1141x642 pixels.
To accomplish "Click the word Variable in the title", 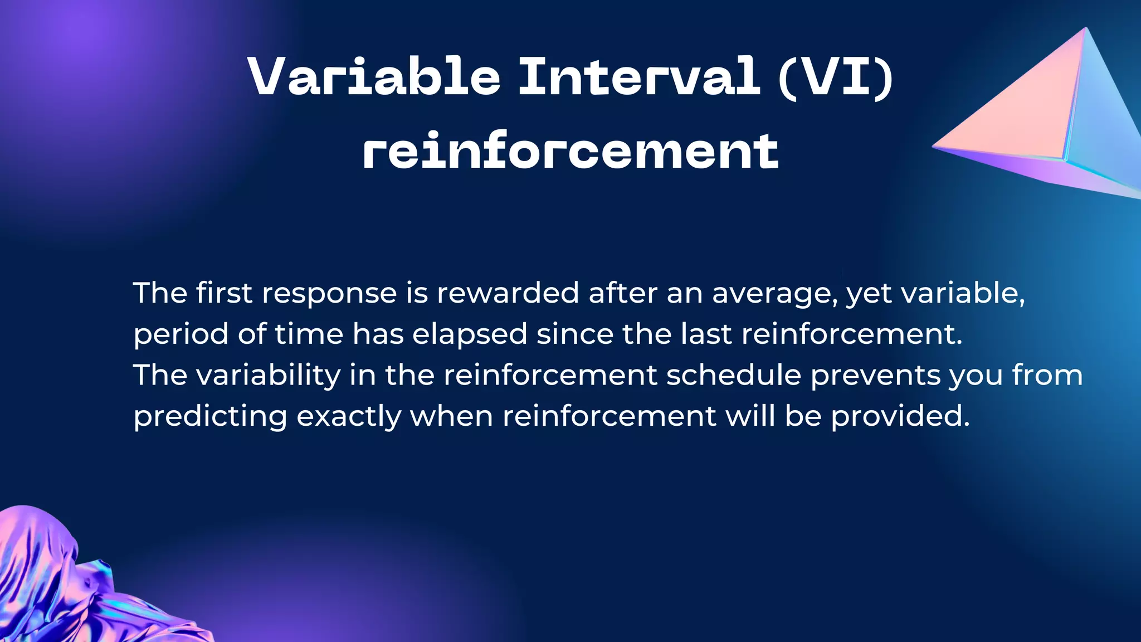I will tap(374, 76).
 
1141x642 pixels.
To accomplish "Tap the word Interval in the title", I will tap(639, 76).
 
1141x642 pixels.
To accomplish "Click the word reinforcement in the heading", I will tap(570, 151).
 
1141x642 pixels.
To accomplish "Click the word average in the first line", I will tap(774, 294).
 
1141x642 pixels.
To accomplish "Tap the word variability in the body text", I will tap(269, 375).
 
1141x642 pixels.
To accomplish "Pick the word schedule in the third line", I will tap(734, 375).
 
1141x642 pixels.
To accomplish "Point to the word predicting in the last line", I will tap(210, 416).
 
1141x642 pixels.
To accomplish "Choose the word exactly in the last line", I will tap(349, 416).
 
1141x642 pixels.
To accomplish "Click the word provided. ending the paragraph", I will tap(900, 416).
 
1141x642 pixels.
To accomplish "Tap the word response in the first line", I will tap(329, 294).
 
